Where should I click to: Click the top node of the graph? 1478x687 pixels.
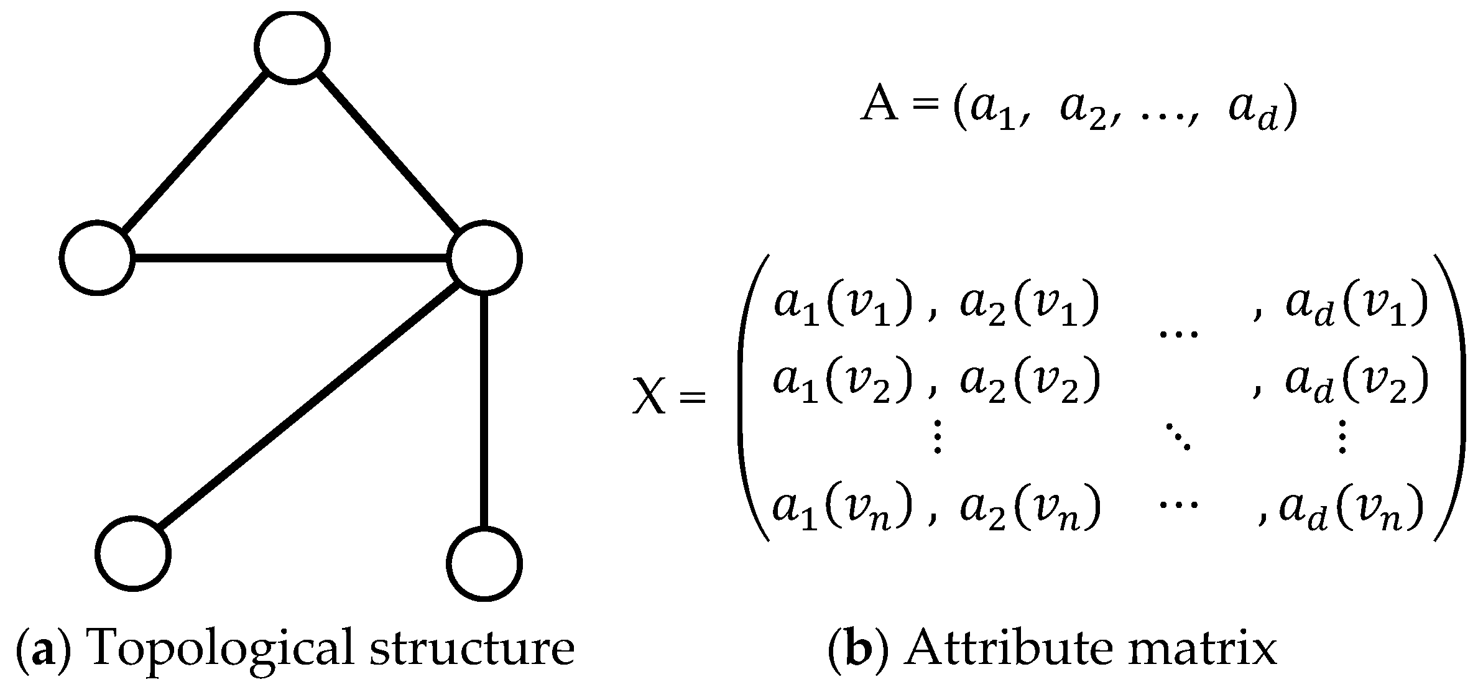pyautogui.click(x=292, y=47)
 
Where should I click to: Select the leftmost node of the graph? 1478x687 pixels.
pyautogui.click(x=98, y=257)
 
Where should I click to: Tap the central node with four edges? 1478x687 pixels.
pyautogui.click(x=485, y=257)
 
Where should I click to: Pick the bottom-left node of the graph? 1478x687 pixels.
pyautogui.click(x=132, y=553)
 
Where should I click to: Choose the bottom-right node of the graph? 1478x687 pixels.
pyautogui.click(x=484, y=564)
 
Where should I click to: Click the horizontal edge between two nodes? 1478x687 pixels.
pyautogui.click(x=291, y=257)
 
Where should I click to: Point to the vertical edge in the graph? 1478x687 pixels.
pyautogui.click(x=484, y=410)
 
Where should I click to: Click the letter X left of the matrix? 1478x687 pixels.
pyautogui.click(x=649, y=395)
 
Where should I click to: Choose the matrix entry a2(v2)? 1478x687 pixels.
pyautogui.click(x=1029, y=380)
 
